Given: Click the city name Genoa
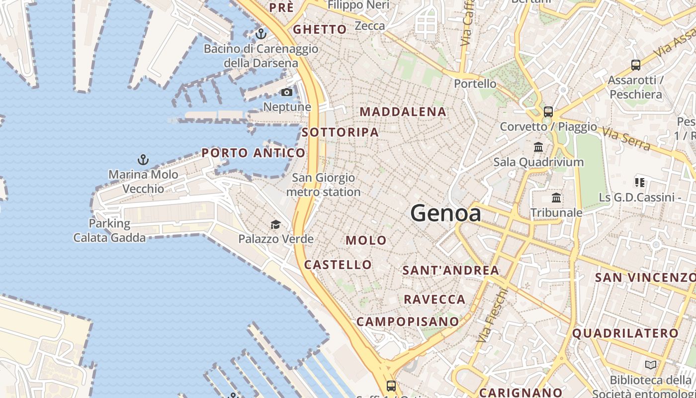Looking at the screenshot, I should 446,213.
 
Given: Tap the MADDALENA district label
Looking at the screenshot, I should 403,112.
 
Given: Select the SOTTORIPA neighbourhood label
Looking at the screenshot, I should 341,132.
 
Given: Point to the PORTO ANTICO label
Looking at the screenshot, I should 254,153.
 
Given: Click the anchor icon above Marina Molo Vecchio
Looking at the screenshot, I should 143,160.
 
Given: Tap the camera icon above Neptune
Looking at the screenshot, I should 287,92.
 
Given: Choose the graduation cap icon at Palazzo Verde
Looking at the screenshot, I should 275,224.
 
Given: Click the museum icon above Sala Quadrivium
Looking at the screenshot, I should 538,147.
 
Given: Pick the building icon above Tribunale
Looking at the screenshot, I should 556,198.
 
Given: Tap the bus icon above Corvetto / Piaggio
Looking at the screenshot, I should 548,111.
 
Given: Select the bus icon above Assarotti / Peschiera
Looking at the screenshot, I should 635,65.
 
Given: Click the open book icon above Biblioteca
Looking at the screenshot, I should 651,365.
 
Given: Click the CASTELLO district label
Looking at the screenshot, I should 338,265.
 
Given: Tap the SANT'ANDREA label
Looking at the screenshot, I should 451,270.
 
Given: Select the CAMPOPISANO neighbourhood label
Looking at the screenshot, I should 408,321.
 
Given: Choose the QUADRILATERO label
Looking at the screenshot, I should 625,333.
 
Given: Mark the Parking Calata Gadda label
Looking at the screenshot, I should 110,230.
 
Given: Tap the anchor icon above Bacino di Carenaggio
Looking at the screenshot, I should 261,34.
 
